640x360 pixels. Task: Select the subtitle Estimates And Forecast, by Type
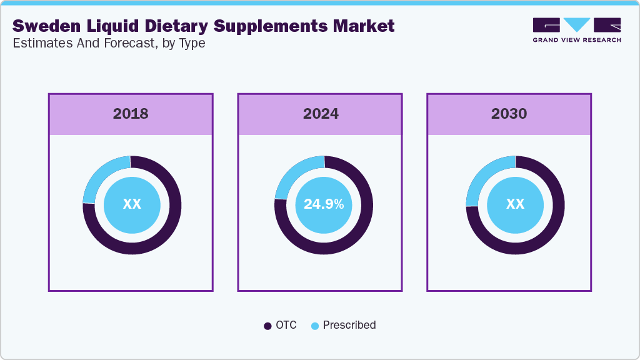pos(109,44)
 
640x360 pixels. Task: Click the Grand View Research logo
pos(576,30)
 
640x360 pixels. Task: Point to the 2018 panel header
pos(131,114)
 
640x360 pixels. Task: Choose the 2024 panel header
pos(321,114)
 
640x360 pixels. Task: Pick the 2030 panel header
pos(509,114)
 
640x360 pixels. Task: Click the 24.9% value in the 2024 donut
pos(323,204)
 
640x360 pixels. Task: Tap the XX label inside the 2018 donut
pos(132,204)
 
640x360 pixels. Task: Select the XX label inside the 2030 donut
pos(515,204)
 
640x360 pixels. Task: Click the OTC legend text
pos(287,325)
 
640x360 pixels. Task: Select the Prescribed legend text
pos(349,325)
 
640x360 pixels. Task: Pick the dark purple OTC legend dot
pos(267,326)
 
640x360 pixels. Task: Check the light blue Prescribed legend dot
pos(314,326)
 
